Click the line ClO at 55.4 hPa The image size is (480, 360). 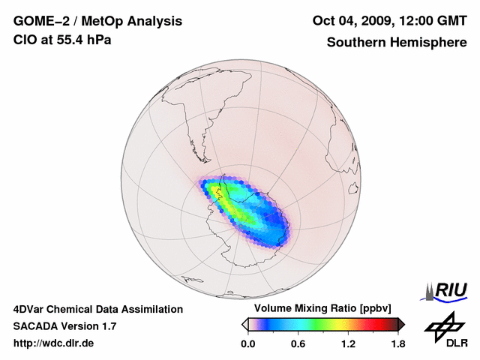tap(62, 40)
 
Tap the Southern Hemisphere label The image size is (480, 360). tap(396, 42)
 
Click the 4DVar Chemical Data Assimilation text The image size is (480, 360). tap(97, 309)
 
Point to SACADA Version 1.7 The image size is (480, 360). tap(64, 326)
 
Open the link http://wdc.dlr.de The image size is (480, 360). tap(53, 343)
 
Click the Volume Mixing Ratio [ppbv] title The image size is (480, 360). tap(322, 309)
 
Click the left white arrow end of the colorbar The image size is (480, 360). tap(244, 324)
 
